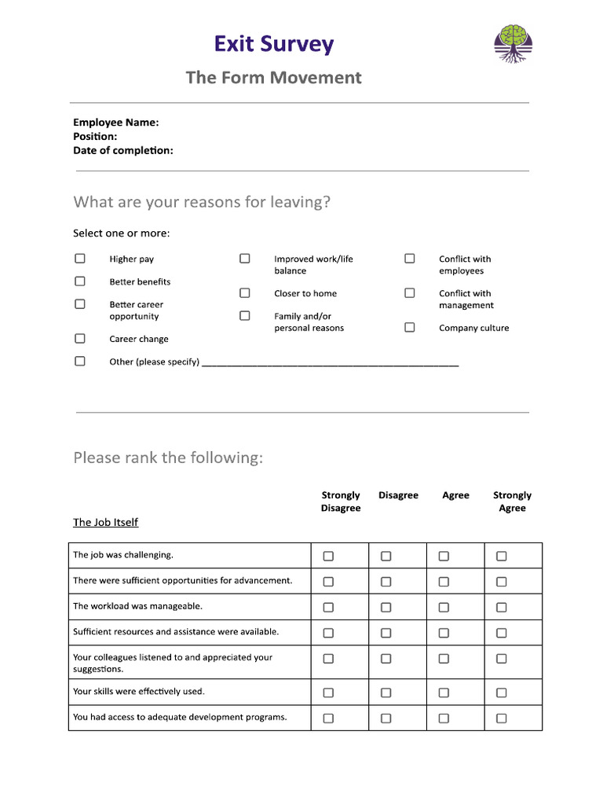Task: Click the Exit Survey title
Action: click(x=274, y=44)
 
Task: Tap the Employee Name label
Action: click(x=116, y=122)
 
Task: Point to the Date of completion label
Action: click(x=123, y=150)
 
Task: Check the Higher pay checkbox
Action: click(x=80, y=259)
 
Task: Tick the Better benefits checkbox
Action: click(x=80, y=281)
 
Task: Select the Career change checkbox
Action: click(x=80, y=339)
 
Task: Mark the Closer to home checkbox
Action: click(x=245, y=293)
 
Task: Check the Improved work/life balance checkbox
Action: click(x=245, y=259)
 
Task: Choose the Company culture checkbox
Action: click(x=410, y=328)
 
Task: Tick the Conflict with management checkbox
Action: click(x=410, y=293)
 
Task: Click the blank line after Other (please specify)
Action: click(x=330, y=362)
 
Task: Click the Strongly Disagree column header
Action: click(x=341, y=502)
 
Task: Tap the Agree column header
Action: click(x=455, y=495)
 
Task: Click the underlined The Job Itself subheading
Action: click(x=105, y=522)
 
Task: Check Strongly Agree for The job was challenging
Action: click(x=502, y=556)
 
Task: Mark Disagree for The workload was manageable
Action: click(x=386, y=607)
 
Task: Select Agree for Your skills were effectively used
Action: click(x=444, y=693)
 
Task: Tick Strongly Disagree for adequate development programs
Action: click(x=328, y=718)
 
